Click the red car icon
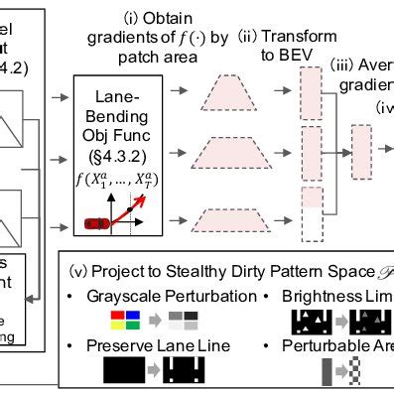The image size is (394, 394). click(x=97, y=223)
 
